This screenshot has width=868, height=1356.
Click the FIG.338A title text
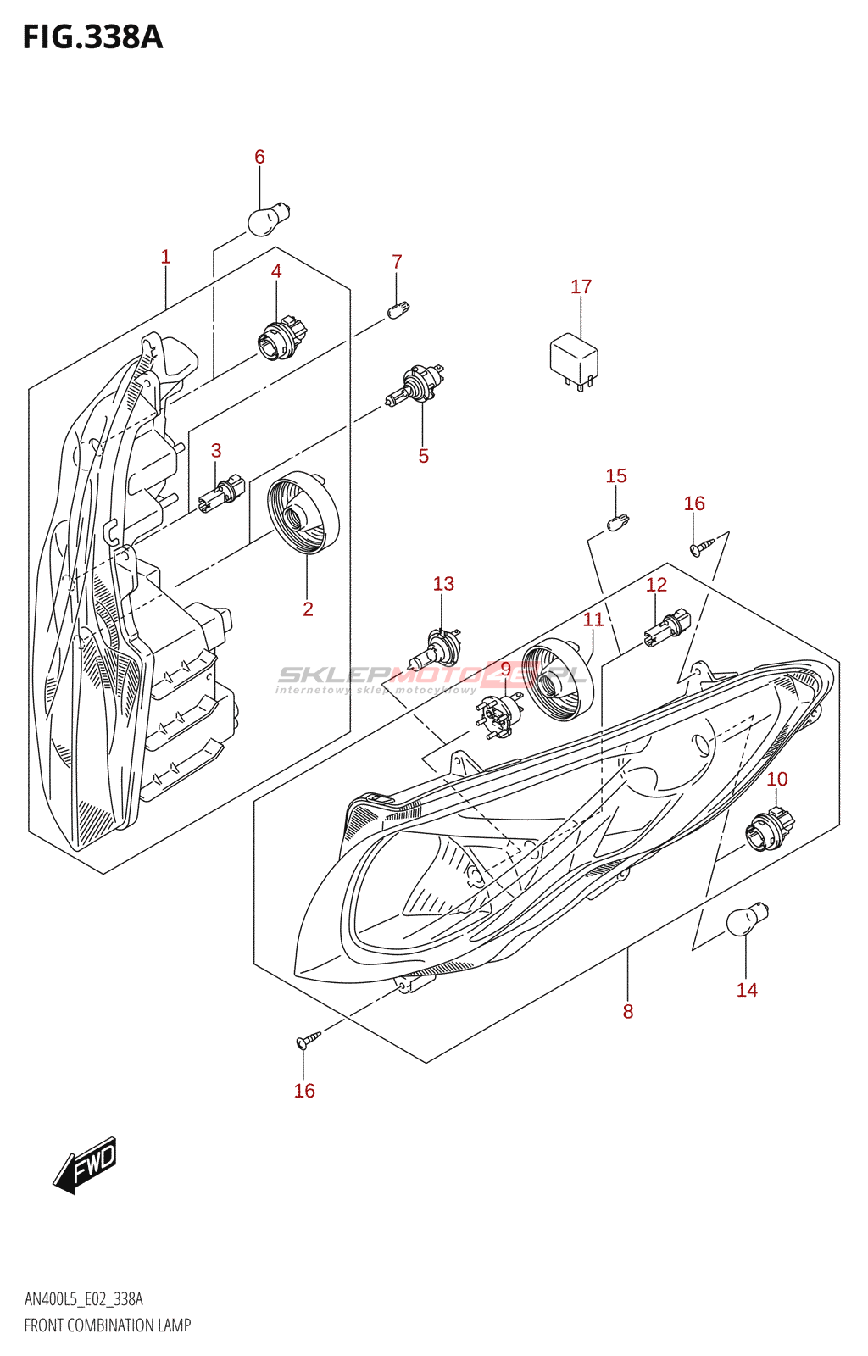coord(92,37)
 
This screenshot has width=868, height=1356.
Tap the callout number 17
coord(581,287)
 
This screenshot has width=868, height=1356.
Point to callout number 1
coord(166,257)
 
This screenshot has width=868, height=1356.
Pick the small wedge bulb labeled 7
coord(398,309)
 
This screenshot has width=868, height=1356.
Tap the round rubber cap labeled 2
coord(303,512)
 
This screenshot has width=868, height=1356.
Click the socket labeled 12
coord(668,627)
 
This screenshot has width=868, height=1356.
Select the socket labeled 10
coord(771,827)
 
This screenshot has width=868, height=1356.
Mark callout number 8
coord(628,1011)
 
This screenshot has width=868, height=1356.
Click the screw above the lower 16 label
coord(307,1040)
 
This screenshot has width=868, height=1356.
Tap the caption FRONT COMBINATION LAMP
coord(108,1325)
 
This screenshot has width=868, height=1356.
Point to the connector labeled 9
coord(498,714)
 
